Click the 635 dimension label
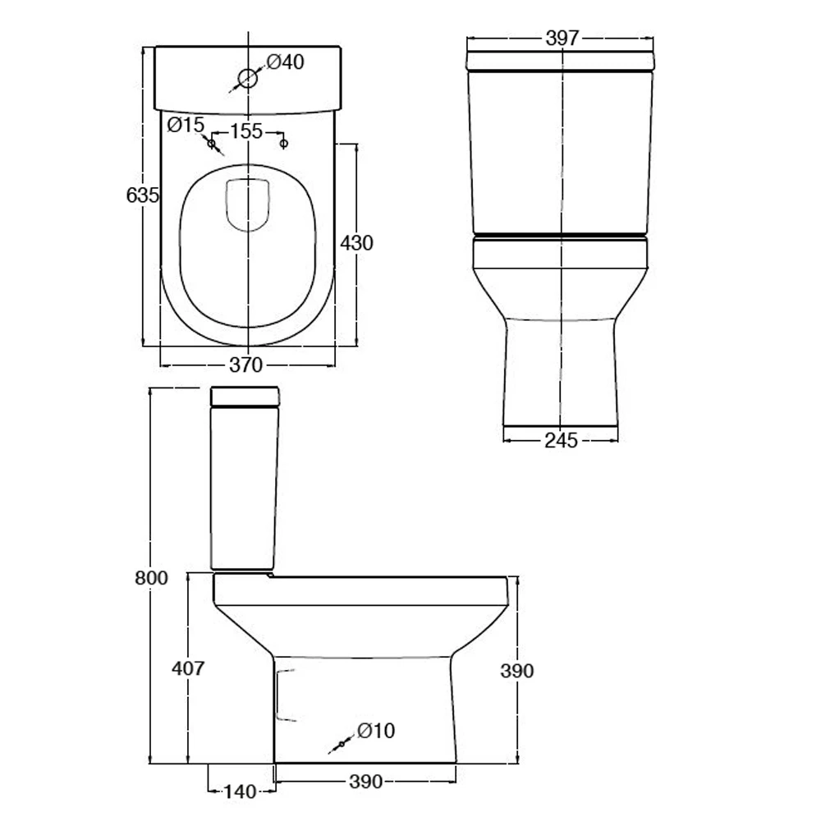[142, 195]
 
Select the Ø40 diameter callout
[286, 62]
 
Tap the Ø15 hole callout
[186, 125]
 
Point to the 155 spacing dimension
[246, 131]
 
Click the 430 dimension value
[356, 243]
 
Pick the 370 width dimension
[246, 365]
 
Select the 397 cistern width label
[562, 38]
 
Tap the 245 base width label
[562, 441]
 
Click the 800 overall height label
[151, 578]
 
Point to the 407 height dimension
[188, 668]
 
